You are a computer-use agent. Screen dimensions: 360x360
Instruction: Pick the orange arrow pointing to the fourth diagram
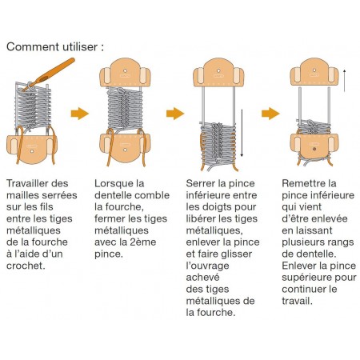[x=269, y=113]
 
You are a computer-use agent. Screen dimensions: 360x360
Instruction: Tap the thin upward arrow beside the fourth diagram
[x=345, y=81]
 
